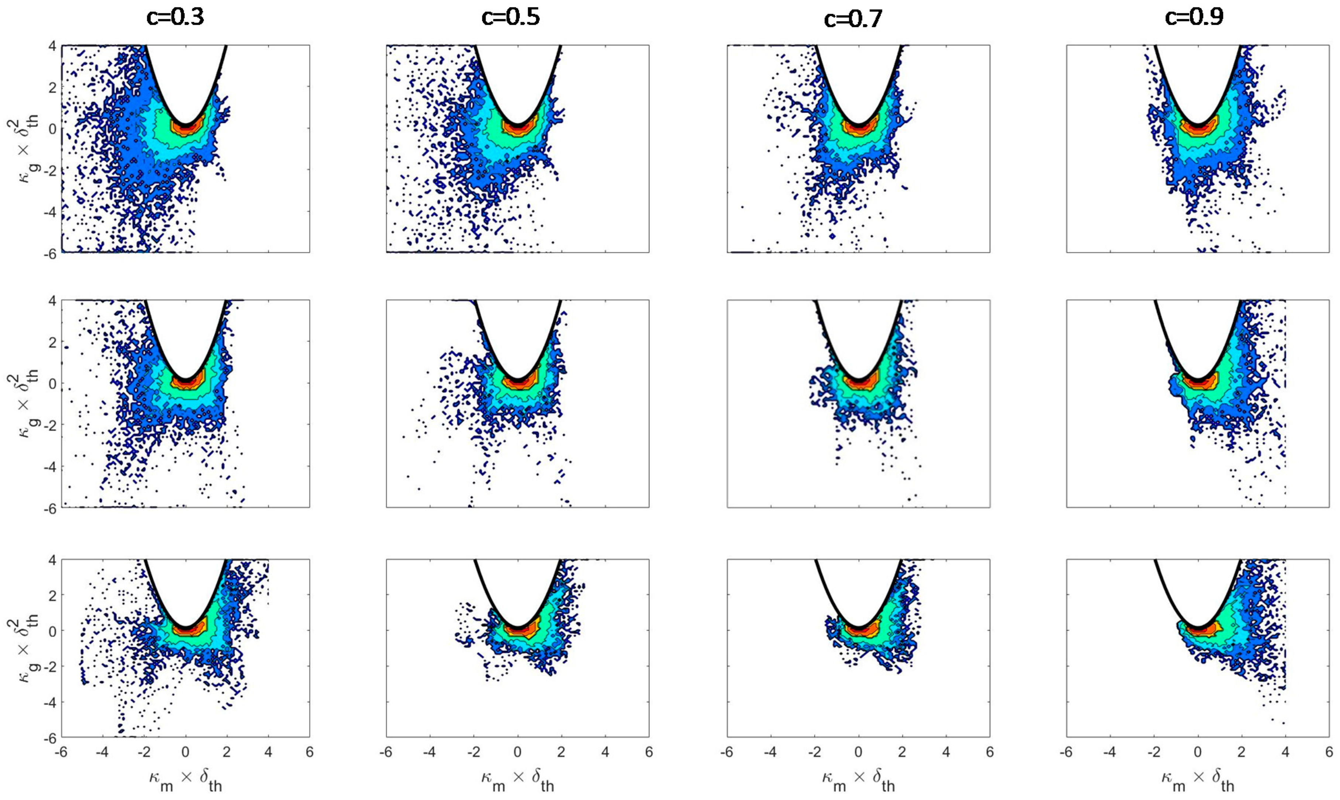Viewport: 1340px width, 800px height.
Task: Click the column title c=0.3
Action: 175,18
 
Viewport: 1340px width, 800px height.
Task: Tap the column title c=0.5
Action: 510,18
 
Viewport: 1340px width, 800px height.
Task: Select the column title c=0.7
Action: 853,20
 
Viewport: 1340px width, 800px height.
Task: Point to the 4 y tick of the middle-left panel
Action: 53,300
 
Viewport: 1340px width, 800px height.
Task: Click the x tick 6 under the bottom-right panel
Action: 1329,752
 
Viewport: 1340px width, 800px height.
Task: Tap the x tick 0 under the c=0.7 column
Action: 859,752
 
